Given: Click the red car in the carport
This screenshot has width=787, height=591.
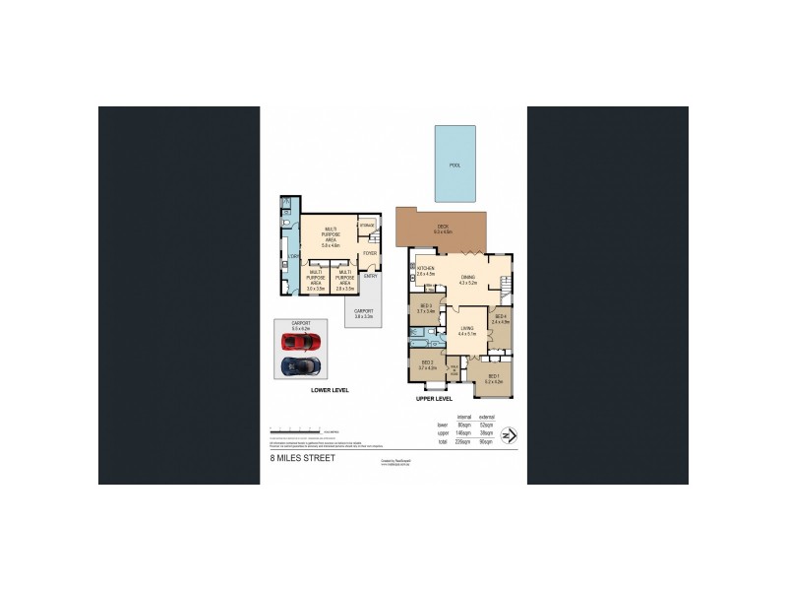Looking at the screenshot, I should pyautogui.click(x=302, y=342).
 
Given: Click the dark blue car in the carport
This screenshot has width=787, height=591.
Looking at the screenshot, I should pyautogui.click(x=302, y=367).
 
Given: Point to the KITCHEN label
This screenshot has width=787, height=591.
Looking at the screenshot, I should pyautogui.click(x=425, y=268).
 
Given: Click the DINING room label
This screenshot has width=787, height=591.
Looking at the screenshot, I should pyautogui.click(x=467, y=279).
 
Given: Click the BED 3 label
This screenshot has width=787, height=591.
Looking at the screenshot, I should pyautogui.click(x=426, y=307).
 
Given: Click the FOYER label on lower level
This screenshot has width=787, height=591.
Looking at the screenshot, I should pyautogui.click(x=370, y=253).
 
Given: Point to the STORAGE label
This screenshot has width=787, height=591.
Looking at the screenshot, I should pyautogui.click(x=366, y=227).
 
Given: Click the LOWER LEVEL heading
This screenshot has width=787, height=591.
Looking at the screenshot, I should pyautogui.click(x=330, y=390).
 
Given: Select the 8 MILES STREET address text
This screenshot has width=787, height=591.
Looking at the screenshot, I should pyautogui.click(x=303, y=458).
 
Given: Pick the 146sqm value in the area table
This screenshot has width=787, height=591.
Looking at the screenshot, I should pyautogui.click(x=452, y=433).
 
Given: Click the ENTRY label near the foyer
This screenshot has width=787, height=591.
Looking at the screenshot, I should pyautogui.click(x=370, y=276).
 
